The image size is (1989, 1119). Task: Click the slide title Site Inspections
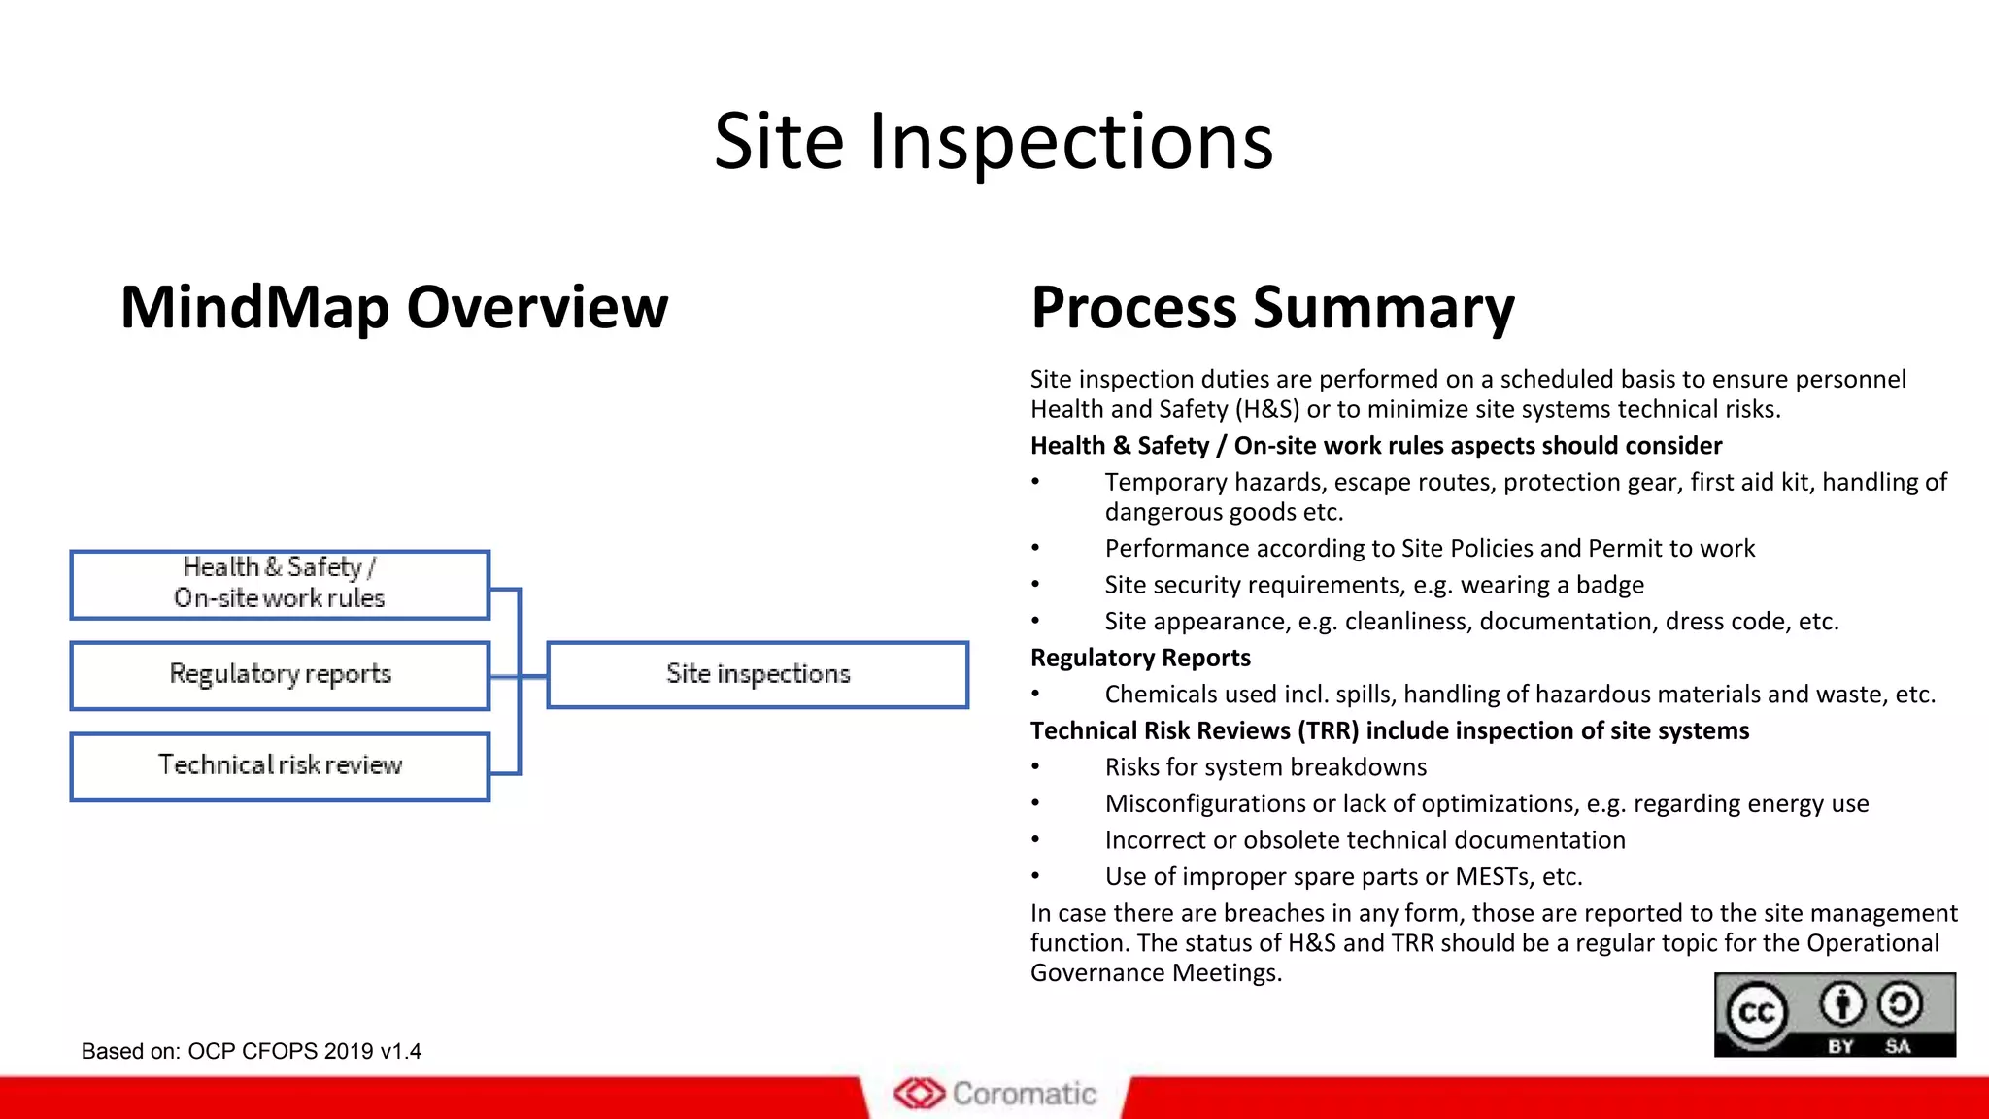[x=993, y=142]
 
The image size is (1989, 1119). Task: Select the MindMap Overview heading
[x=393, y=307]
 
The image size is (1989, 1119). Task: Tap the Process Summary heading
[x=1271, y=307]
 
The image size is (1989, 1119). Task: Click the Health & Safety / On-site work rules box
[x=280, y=584]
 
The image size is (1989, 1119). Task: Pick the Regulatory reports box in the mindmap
[x=280, y=674]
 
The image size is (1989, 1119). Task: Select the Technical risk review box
[x=280, y=765]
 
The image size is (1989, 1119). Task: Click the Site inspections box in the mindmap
[x=758, y=674]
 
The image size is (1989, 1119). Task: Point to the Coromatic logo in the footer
[x=994, y=1094]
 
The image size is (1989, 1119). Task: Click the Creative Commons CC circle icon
[x=1756, y=1013]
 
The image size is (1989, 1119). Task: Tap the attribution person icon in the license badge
[x=1841, y=1004]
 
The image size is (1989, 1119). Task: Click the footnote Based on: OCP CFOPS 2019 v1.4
[x=251, y=1051]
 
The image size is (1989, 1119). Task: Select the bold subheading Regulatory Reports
[x=1139, y=658]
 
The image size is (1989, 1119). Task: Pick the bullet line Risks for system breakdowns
[x=1264, y=767]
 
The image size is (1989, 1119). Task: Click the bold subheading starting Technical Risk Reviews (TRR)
[x=1389, y=730]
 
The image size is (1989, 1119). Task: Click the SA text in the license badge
[x=1898, y=1046]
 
